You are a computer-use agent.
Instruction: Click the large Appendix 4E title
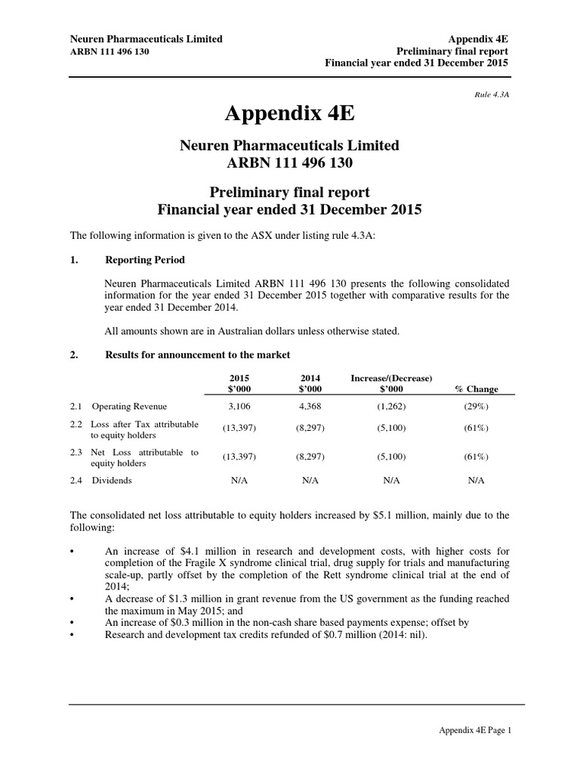point(289,114)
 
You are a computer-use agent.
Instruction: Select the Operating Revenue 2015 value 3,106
point(239,407)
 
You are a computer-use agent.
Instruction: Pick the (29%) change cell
point(476,407)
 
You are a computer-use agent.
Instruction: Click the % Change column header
point(476,389)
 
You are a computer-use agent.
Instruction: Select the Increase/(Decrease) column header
point(390,377)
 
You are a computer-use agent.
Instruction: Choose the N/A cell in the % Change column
point(476,480)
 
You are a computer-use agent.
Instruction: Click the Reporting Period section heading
point(144,260)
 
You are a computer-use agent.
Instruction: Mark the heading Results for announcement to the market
point(197,354)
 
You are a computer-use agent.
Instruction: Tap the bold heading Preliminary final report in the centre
point(289,191)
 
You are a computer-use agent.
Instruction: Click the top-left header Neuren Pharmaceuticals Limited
point(146,39)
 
